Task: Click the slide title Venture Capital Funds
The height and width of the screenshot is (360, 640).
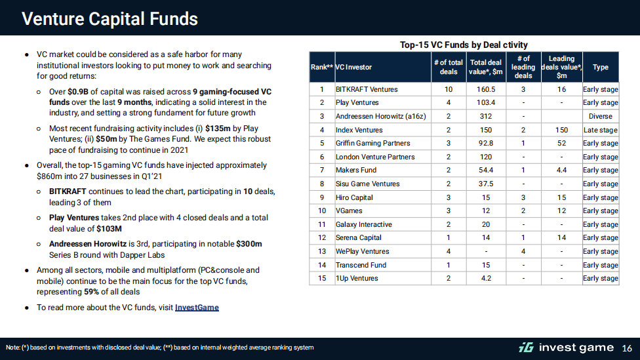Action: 110,19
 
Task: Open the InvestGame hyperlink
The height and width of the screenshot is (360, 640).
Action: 197,308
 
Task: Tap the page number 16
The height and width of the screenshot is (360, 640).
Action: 627,348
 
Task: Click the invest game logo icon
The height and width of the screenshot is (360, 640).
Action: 526,348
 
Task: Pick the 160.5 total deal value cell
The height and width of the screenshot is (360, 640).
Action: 486,89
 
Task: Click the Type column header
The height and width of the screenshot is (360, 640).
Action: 601,68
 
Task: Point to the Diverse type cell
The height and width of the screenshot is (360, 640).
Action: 601,116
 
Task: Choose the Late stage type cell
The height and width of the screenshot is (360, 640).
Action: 601,130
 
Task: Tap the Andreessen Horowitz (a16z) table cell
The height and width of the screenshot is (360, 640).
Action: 380,116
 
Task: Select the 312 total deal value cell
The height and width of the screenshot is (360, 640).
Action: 486,116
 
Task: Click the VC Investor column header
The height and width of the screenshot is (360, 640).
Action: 353,68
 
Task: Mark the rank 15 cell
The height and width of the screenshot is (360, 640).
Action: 322,279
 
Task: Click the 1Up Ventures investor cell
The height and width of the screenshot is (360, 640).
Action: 357,279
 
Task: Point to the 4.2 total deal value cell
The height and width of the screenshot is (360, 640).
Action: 486,279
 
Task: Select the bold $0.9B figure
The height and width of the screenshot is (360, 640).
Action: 78,92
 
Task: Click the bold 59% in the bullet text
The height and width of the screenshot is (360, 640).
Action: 91,292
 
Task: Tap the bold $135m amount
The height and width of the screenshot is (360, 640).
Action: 218,129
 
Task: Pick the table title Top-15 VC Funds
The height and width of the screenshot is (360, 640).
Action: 464,45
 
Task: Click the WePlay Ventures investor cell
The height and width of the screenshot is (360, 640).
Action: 363,251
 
